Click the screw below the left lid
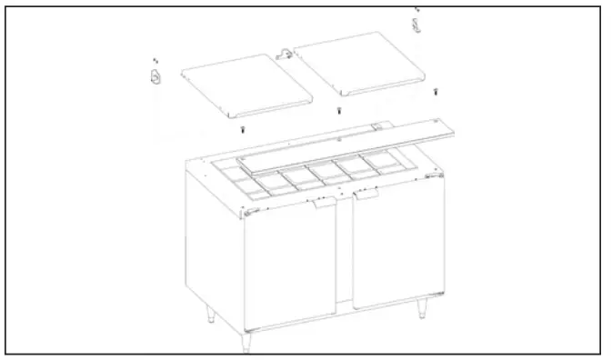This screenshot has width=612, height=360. coord(243,129)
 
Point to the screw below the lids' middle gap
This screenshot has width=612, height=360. coord(338,111)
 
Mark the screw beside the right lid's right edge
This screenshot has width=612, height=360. coord(436,90)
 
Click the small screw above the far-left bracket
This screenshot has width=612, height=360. coord(155,57)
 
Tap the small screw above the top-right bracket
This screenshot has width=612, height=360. coord(416,9)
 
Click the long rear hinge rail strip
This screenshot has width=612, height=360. coord(355,143)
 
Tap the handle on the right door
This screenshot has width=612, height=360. coord(367,195)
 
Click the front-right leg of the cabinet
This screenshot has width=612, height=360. coord(422,309)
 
